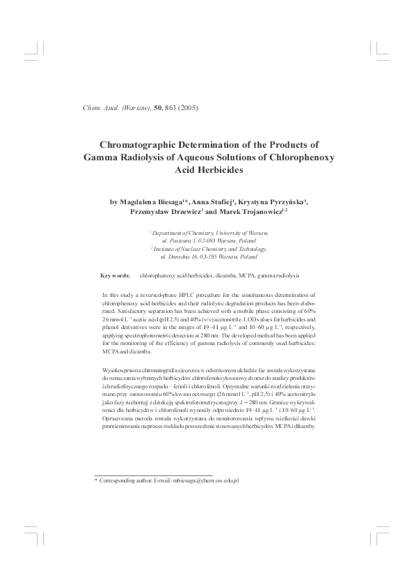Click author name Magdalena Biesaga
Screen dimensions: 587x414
coord(150,202)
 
